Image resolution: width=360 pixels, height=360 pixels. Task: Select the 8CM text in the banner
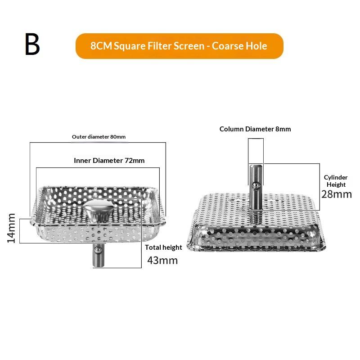point(101,46)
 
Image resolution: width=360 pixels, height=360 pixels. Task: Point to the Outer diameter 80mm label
point(99,137)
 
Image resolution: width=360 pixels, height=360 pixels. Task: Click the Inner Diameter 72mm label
point(109,160)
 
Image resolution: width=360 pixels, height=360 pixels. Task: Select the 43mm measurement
point(162,261)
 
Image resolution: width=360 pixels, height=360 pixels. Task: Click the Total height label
point(163,247)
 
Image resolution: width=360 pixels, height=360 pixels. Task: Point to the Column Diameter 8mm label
point(255,129)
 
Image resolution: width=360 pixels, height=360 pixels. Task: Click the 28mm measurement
point(336,194)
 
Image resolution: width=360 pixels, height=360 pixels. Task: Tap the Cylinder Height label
point(336,181)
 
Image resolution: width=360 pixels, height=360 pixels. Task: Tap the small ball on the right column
point(255,185)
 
